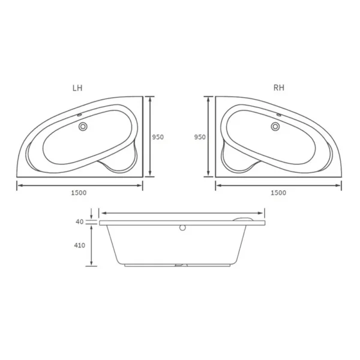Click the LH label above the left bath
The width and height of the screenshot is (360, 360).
click(77, 88)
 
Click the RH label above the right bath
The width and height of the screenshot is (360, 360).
click(278, 88)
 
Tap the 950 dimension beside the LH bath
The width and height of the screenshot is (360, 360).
click(158, 137)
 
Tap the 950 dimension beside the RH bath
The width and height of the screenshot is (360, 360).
click(200, 137)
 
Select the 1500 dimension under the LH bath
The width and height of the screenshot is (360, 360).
click(79, 193)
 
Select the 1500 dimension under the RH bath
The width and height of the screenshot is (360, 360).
click(278, 193)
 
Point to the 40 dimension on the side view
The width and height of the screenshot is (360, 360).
click(79, 221)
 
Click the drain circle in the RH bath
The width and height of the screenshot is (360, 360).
click(275, 127)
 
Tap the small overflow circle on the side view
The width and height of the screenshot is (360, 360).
click(182, 228)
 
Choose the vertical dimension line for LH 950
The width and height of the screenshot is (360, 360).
click(149, 137)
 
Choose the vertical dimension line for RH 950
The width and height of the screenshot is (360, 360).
click(209, 137)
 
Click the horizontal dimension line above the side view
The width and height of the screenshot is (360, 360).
click(182, 212)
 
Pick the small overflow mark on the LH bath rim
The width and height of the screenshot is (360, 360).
click(80, 113)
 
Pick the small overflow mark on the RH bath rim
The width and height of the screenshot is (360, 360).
click(279, 113)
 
